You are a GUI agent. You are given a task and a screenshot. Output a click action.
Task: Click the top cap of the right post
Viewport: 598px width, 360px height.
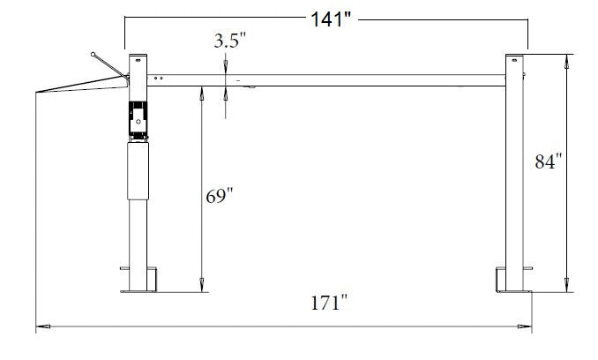pos(515,58)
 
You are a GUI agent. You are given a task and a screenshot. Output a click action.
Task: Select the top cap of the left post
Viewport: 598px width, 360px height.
pos(137,59)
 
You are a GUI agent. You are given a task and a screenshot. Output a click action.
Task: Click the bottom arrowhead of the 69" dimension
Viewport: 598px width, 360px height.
pos(202,285)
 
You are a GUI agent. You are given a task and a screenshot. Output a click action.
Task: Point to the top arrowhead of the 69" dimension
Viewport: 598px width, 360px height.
pos(202,91)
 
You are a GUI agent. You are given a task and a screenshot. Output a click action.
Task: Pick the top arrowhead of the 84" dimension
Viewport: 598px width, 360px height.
pos(565,59)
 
